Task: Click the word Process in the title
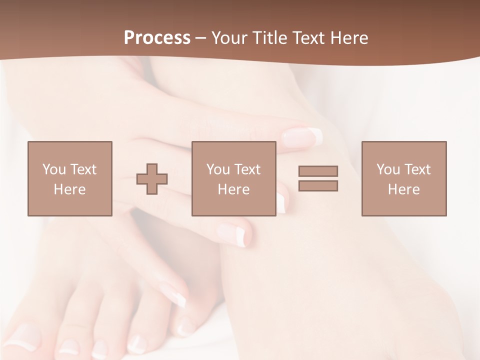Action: pyautogui.click(x=157, y=38)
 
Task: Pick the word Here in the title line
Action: pyautogui.click(x=348, y=38)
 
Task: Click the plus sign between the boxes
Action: pyautogui.click(x=152, y=179)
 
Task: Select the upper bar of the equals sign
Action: pyautogui.click(x=318, y=171)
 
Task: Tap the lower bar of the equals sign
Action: pyautogui.click(x=318, y=185)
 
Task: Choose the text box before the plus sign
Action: pyautogui.click(x=70, y=179)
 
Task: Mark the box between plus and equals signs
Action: pyautogui.click(x=234, y=179)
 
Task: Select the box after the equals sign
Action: pyautogui.click(x=404, y=179)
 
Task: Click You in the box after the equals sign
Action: pyautogui.click(x=388, y=169)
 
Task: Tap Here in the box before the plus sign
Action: pyautogui.click(x=69, y=189)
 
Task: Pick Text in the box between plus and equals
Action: pyautogui.click(x=247, y=169)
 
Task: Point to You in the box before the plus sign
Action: pyautogui.click(x=54, y=169)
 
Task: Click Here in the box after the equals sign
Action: pyautogui.click(x=403, y=189)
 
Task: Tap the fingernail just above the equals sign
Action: pyautogui.click(x=302, y=136)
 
